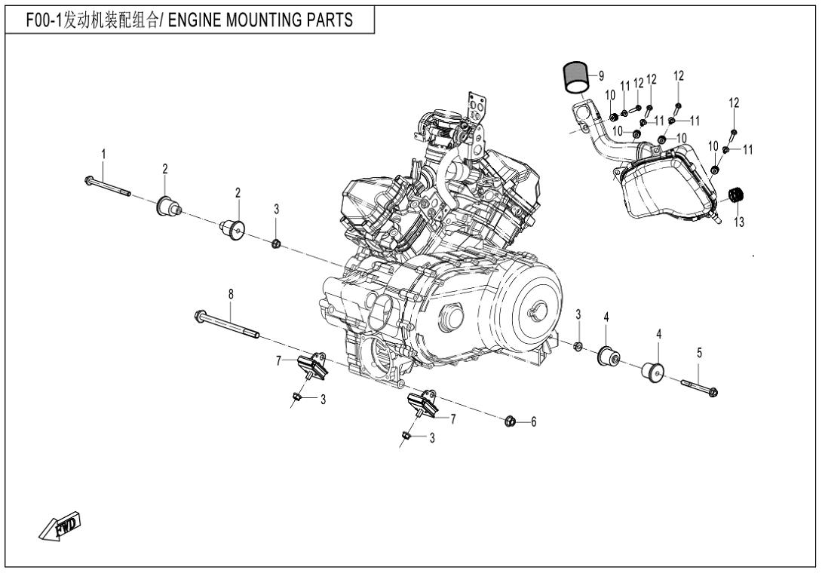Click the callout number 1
pyautogui.click(x=104, y=154)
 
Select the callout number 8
pyautogui.click(x=231, y=293)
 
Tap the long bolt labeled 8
pyautogui.click(x=226, y=324)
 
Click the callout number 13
pyautogui.click(x=738, y=222)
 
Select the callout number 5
pyautogui.click(x=699, y=352)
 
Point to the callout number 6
pyautogui.click(x=533, y=422)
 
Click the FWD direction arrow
pyautogui.click(x=60, y=526)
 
